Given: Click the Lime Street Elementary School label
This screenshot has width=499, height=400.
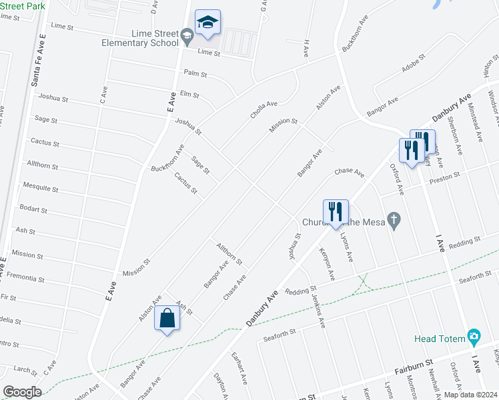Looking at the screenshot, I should [140, 38].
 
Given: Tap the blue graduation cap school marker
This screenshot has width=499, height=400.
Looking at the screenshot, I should [207, 24].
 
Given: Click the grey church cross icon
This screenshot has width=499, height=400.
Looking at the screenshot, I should [394, 220].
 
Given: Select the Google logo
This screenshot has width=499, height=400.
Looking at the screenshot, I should [22, 391].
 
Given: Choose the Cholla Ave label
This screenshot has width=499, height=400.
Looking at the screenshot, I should [264, 109].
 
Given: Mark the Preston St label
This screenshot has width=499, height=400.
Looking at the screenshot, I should [445, 177].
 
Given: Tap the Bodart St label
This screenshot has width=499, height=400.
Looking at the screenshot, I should [33, 209].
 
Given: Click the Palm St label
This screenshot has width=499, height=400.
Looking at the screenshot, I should [196, 73].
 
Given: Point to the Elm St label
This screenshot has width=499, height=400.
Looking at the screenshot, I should [189, 95].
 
